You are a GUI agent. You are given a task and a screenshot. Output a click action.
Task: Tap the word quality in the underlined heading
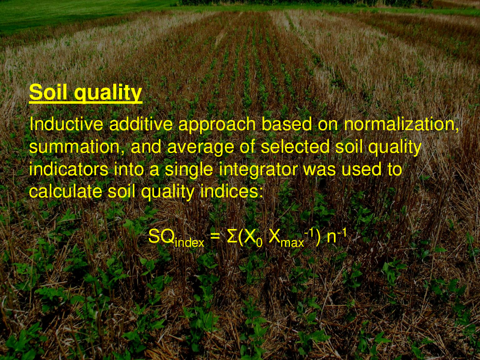click(x=108, y=94)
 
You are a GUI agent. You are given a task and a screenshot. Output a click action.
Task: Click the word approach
click(x=217, y=126)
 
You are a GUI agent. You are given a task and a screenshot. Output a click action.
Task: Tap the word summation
click(x=74, y=147)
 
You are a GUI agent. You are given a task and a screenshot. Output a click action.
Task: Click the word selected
click(x=295, y=146)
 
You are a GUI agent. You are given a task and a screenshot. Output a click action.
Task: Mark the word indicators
click(x=69, y=169)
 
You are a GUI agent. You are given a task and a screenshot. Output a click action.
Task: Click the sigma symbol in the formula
click(x=232, y=237)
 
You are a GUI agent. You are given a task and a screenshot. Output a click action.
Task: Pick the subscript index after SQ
click(x=190, y=242)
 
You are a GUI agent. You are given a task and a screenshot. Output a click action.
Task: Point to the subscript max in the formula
click(x=292, y=243)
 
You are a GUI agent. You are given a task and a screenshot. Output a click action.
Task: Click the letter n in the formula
click(x=332, y=238)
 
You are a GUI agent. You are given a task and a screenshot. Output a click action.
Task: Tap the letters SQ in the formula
click(x=161, y=237)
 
